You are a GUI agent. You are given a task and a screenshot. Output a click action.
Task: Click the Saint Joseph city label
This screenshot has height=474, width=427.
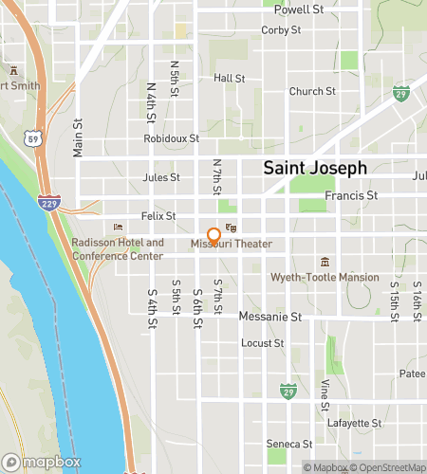(314, 168)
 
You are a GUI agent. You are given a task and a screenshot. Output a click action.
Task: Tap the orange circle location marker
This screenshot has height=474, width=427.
(213, 235)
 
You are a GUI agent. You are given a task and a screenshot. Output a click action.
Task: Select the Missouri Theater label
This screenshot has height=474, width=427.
(231, 244)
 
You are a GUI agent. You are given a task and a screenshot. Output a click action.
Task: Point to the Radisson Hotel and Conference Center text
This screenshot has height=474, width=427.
(118, 248)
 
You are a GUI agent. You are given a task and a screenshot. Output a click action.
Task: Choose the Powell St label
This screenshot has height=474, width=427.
(299, 9)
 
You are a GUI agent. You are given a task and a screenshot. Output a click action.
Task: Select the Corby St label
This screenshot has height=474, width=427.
(281, 30)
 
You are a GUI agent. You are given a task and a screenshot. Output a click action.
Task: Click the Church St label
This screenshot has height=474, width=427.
(312, 92)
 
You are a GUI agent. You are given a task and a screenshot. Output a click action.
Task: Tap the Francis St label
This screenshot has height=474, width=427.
(351, 196)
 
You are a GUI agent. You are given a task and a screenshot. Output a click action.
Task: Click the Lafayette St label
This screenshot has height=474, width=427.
(356, 423)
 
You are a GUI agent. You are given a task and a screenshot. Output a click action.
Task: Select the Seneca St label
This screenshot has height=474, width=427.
(288, 444)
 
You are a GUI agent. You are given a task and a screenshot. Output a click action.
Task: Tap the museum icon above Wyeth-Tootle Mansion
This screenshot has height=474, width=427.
(325, 262)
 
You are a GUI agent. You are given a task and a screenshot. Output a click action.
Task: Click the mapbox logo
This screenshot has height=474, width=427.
(40, 462)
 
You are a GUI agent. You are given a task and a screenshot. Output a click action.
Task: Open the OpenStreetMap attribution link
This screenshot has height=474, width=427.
(389, 466)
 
